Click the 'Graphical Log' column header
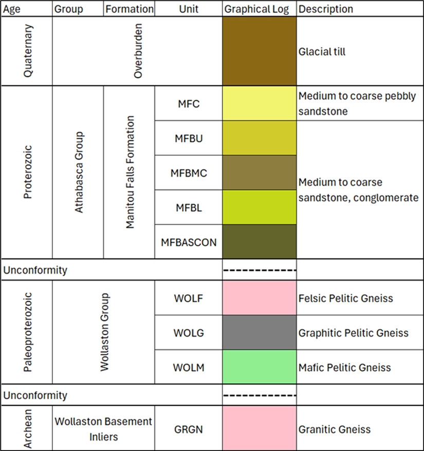point(260,9)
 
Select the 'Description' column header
point(326,9)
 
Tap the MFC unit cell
point(189,104)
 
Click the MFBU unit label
point(189,138)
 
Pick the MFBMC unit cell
point(189,173)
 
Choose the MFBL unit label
point(189,207)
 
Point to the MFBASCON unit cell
point(189,242)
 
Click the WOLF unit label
point(189,298)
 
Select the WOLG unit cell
point(189,333)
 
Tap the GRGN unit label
point(189,429)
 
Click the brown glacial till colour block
point(260,51)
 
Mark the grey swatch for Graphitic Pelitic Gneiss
point(260,333)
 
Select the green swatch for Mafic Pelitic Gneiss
point(260,367)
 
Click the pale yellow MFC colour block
point(260,104)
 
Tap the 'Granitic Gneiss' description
point(335,429)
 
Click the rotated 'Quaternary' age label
point(28,51)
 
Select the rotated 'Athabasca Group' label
point(79,172)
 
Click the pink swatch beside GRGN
point(260,429)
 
